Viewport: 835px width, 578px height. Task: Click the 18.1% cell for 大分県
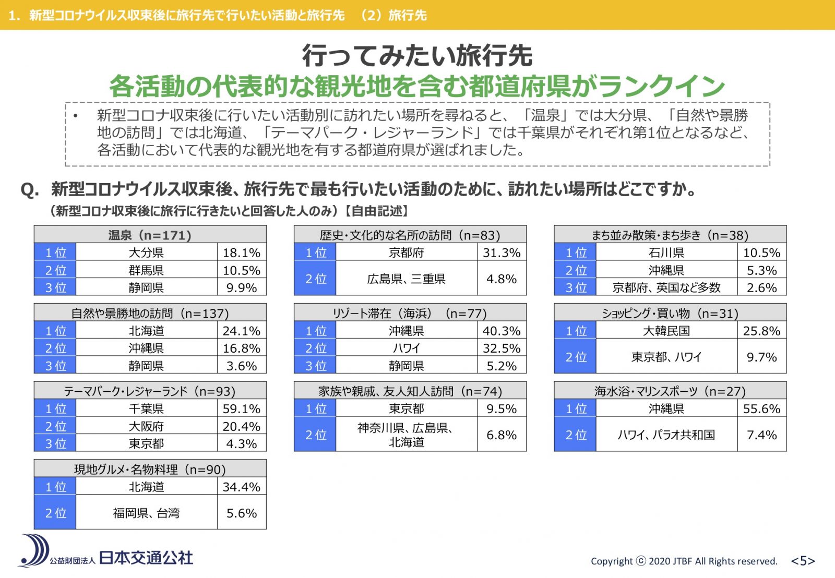click(x=241, y=252)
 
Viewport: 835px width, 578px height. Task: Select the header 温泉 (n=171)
click(x=150, y=235)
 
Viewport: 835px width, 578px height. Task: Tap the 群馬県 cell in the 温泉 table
click(x=146, y=270)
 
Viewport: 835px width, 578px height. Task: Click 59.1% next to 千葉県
click(x=241, y=408)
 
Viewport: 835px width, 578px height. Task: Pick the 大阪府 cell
click(x=146, y=426)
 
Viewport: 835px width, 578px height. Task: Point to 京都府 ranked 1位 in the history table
click(x=406, y=252)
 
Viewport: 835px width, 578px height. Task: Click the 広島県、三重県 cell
click(x=406, y=279)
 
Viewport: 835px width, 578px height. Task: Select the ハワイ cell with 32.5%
click(x=406, y=348)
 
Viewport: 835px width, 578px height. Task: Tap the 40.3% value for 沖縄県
click(x=501, y=331)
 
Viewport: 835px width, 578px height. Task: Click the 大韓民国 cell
click(x=666, y=331)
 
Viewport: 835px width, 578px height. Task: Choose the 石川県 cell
click(x=666, y=252)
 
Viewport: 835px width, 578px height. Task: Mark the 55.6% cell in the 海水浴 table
click(x=761, y=408)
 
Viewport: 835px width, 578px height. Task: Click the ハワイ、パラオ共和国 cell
click(x=666, y=435)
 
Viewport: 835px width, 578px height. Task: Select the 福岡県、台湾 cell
click(x=146, y=513)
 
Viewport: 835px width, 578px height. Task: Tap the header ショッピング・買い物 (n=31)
click(x=670, y=313)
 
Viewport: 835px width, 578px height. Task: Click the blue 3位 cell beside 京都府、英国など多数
click(x=576, y=287)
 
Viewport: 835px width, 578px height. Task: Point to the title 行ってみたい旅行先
click(x=417, y=55)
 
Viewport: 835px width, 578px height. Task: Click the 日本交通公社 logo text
click(x=146, y=558)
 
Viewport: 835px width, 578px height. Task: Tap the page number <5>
click(x=803, y=561)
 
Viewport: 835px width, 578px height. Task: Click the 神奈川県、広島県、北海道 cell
click(x=406, y=435)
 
